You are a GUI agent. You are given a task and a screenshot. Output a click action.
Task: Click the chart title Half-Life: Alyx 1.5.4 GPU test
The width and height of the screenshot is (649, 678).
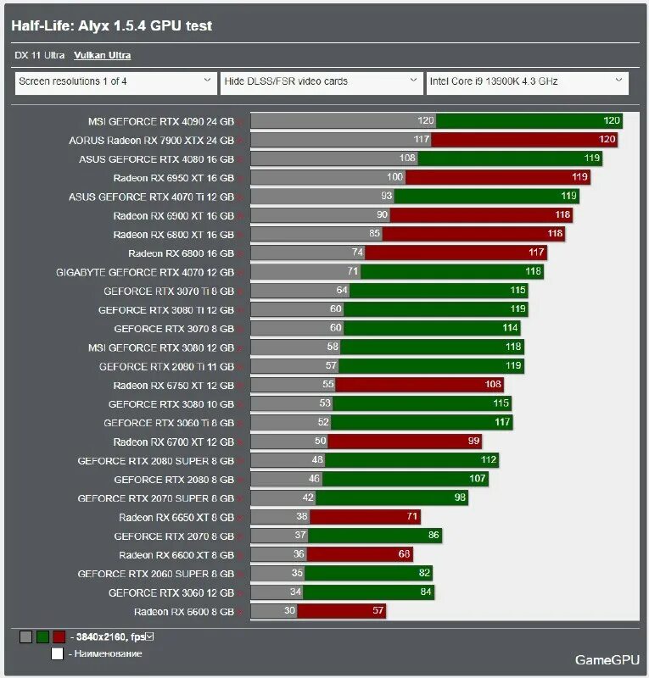click(x=111, y=26)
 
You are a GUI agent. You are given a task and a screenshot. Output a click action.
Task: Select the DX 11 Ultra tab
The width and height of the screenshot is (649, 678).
click(x=40, y=55)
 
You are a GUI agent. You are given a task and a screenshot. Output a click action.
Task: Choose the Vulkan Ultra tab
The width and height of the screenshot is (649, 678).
click(x=102, y=55)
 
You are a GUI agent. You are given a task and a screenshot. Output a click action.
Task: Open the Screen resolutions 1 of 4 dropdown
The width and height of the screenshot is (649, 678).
click(x=115, y=82)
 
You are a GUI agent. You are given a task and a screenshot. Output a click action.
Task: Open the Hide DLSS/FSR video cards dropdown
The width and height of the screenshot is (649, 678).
click(x=321, y=82)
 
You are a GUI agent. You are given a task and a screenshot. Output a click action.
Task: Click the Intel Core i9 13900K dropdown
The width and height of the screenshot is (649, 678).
click(x=526, y=82)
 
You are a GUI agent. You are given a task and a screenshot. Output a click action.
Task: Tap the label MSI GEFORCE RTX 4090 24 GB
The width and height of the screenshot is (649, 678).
click(x=160, y=121)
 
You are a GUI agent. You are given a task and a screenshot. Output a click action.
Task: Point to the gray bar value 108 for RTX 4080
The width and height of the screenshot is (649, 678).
click(x=407, y=158)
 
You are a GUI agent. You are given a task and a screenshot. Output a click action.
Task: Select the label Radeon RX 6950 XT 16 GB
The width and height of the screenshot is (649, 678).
click(x=173, y=178)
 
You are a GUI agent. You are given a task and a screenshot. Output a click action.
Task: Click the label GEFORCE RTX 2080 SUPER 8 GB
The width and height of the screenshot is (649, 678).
click(x=155, y=460)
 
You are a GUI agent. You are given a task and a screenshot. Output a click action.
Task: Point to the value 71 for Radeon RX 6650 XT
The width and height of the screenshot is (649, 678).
click(x=412, y=517)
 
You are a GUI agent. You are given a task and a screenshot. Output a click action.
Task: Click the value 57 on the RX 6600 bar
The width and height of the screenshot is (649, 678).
click(x=378, y=611)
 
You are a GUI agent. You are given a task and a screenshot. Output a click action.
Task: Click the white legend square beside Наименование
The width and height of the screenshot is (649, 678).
click(x=57, y=653)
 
